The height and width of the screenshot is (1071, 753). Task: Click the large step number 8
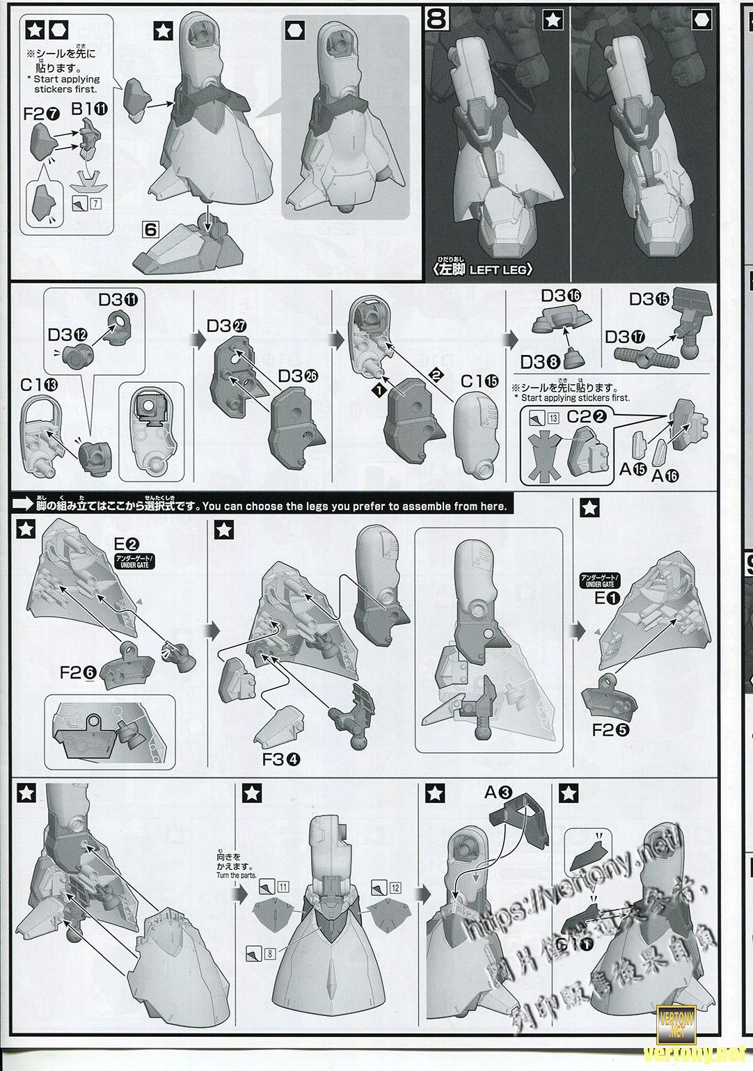click(x=436, y=19)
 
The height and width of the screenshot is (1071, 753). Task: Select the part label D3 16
click(x=561, y=296)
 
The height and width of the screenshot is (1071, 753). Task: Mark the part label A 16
click(x=664, y=475)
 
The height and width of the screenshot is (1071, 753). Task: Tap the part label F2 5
click(x=611, y=730)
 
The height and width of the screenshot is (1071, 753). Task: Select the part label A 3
click(x=498, y=792)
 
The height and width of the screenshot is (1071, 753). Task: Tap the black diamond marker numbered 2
click(x=437, y=373)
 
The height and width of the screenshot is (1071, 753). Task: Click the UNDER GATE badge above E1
click(x=597, y=581)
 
